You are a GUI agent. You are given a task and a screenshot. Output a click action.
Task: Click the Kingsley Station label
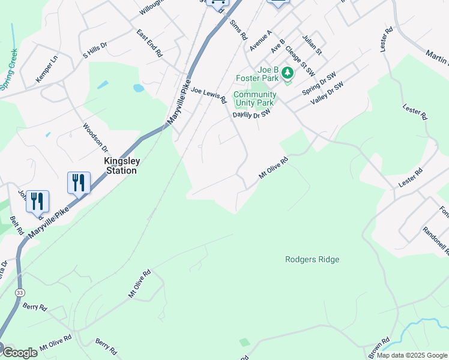[121, 166]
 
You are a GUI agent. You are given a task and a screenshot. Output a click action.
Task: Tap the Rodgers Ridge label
[312, 259]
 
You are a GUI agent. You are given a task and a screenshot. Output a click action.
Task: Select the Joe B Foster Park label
[257, 74]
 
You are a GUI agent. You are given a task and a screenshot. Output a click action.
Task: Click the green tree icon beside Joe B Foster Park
[288, 73]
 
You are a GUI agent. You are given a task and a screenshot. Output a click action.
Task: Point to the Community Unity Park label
[255, 98]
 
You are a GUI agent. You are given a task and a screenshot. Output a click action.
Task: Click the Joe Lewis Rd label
[208, 94]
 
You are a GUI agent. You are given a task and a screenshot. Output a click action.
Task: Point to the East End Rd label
[149, 43]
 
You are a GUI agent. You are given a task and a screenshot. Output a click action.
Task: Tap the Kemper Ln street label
[46, 68]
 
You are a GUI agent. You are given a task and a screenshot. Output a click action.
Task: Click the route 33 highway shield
[20, 292]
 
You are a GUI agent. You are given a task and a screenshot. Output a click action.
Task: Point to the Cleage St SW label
[300, 61]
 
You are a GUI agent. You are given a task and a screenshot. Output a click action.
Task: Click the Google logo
[20, 353]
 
